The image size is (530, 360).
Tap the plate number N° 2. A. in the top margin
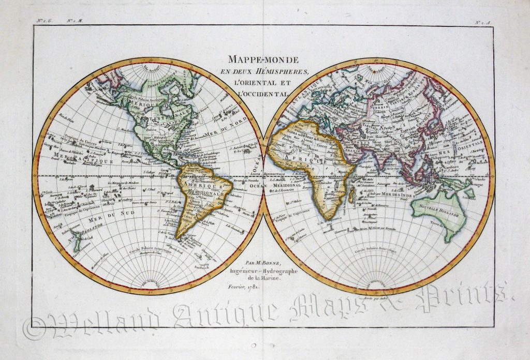(484, 21)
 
